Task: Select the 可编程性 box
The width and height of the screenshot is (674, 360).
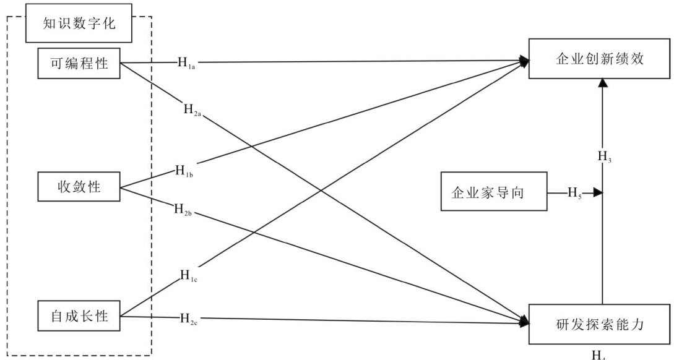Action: (79, 63)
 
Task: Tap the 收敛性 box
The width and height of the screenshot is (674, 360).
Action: (79, 187)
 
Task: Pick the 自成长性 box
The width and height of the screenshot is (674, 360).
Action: (79, 317)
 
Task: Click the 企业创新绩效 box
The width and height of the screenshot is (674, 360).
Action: (599, 59)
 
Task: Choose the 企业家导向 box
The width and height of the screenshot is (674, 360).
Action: (493, 192)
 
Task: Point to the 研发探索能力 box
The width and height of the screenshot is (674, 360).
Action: (599, 322)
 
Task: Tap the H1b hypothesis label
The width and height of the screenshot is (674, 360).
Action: (184, 170)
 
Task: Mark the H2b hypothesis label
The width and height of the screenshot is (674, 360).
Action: (184, 208)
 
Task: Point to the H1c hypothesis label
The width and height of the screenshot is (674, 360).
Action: (189, 275)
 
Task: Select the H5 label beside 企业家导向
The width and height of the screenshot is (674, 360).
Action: (575, 192)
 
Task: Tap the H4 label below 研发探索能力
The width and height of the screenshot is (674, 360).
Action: (598, 355)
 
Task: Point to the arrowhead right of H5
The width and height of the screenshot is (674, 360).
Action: (597, 192)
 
